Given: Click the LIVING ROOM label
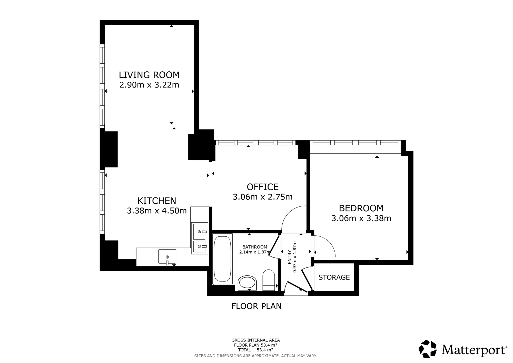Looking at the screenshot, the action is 149,75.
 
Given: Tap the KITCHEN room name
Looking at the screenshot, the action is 157,201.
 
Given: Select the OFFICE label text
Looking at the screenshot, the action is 263,187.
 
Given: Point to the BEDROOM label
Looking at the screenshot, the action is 361,208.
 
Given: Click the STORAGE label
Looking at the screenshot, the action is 334,278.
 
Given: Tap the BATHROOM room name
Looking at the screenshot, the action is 255,247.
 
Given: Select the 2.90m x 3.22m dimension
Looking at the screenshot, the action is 149,85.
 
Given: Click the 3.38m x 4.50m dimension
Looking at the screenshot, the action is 157,211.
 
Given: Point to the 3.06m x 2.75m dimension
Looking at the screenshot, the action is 263,197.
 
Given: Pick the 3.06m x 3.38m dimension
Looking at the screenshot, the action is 361,218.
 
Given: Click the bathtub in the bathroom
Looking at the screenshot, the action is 222,259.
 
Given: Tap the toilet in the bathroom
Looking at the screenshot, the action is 269,280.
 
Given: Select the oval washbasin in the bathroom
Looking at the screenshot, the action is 247,283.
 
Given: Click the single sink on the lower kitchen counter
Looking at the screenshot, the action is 167,256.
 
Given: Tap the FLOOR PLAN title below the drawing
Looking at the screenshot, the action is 256,306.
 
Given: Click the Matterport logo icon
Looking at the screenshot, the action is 428,349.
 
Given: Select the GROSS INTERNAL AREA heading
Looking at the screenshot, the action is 255,340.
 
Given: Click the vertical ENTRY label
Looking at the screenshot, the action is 290,257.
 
